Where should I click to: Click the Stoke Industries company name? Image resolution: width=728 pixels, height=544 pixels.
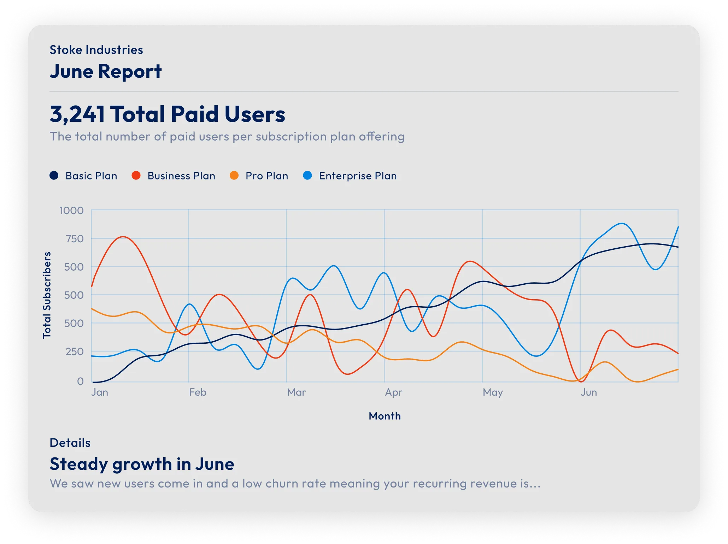point(96,50)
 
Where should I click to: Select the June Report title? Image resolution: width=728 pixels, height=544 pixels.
point(106,71)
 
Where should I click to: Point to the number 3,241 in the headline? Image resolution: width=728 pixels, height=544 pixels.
point(77,114)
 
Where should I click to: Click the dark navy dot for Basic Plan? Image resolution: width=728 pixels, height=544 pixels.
point(54,176)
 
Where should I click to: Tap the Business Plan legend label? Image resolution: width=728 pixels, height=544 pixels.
point(181,176)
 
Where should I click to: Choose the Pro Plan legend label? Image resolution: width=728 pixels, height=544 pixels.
point(267,176)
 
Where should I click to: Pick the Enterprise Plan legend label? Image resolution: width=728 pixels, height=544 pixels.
point(358,176)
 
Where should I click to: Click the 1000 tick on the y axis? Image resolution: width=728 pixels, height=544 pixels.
point(71,211)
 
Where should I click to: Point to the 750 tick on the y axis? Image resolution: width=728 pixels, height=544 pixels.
point(75,239)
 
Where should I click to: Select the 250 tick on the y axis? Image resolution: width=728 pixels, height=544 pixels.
point(75,351)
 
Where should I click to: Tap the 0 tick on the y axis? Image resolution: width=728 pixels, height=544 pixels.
point(81,381)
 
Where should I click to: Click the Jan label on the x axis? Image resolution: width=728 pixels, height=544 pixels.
point(100,392)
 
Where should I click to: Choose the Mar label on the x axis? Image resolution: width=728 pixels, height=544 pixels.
point(296,392)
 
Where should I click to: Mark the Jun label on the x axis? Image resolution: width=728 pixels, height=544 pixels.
point(589,392)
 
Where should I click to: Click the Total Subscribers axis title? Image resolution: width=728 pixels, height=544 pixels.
point(47,295)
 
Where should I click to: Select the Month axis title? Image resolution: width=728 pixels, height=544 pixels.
point(384,416)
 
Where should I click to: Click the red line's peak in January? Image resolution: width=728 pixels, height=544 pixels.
point(123,237)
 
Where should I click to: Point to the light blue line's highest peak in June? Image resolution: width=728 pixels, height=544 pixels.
point(622,223)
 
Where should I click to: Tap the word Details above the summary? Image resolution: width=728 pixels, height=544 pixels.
point(70,443)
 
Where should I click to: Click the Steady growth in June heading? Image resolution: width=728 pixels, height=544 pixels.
point(142,464)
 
